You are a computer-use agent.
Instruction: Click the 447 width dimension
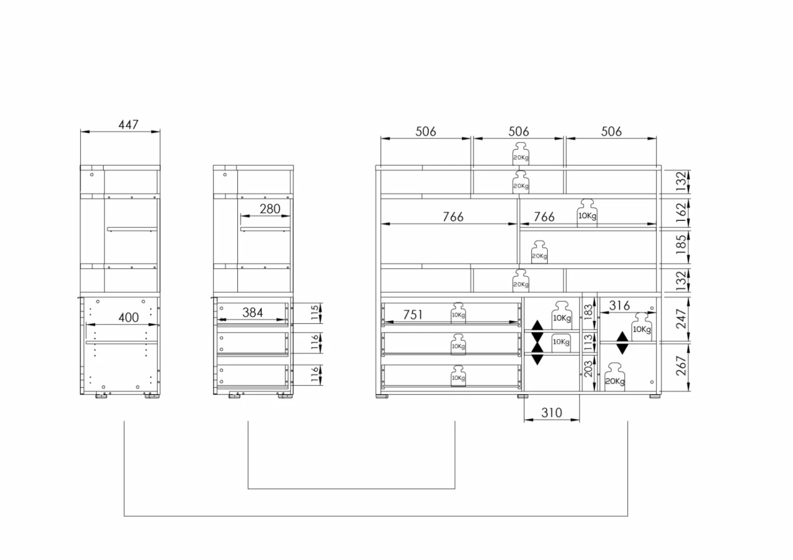click(x=128, y=125)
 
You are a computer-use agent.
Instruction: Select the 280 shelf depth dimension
click(x=270, y=209)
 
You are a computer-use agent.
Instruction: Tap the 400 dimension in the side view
click(x=128, y=318)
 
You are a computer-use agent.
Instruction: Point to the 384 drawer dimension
click(x=252, y=312)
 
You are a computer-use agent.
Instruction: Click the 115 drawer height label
click(x=315, y=313)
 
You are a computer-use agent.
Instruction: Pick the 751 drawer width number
click(x=413, y=314)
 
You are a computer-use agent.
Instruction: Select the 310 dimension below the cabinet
click(x=551, y=413)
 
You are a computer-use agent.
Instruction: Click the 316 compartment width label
click(x=620, y=305)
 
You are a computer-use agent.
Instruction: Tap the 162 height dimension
click(x=681, y=212)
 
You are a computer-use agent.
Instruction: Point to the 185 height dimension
click(x=681, y=245)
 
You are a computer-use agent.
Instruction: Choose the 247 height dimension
click(x=681, y=319)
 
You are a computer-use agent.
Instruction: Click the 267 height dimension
click(x=681, y=366)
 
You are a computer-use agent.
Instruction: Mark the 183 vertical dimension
click(x=588, y=312)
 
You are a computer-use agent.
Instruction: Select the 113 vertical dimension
click(x=588, y=342)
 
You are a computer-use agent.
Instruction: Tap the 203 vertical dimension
click(x=588, y=369)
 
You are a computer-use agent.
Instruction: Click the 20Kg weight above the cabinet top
click(x=521, y=154)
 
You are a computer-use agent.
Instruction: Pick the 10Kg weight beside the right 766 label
click(x=587, y=213)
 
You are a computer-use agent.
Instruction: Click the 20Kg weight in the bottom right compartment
click(x=614, y=377)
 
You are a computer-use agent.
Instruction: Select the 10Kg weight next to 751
click(x=458, y=313)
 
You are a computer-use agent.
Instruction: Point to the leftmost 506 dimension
click(x=426, y=132)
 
